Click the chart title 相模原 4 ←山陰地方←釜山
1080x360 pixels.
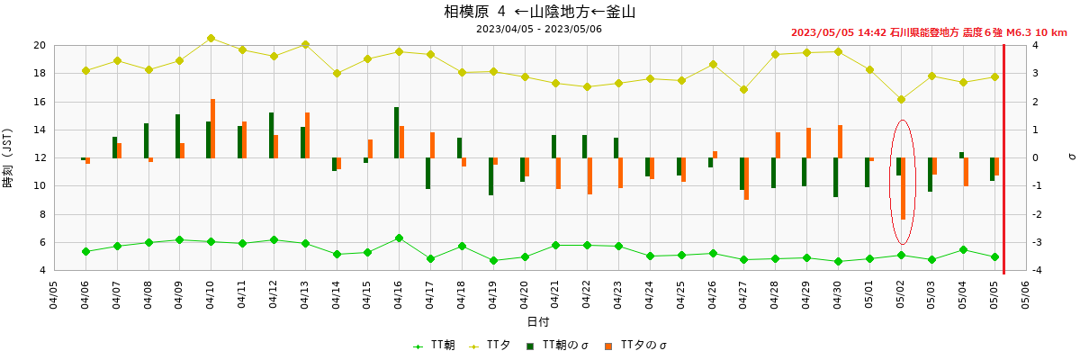[540, 12]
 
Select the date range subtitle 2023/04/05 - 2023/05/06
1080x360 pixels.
[540, 29]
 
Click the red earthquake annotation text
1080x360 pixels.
[929, 32]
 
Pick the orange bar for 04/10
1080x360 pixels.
[213, 129]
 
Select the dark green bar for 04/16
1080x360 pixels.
[396, 132]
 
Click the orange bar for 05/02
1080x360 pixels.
[903, 188]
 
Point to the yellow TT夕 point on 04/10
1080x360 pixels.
[211, 38]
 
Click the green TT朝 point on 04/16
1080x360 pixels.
[399, 238]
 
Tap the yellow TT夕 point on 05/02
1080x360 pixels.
[901, 100]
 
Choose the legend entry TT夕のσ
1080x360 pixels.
[641, 346]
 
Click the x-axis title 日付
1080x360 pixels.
[538, 322]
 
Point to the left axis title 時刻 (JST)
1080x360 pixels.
[8, 157]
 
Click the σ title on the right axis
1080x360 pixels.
[1071, 157]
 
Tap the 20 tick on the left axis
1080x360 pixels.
[40, 45]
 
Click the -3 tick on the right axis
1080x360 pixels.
[1036, 243]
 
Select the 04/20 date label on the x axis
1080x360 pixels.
[525, 292]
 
